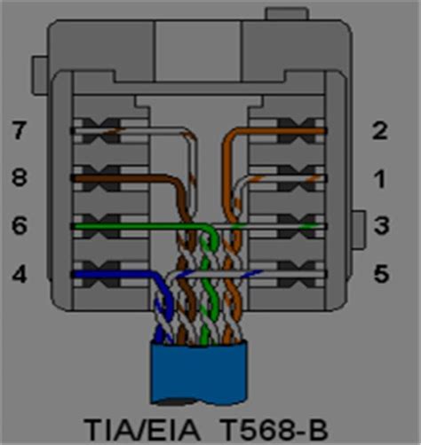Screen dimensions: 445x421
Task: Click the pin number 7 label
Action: [18, 132]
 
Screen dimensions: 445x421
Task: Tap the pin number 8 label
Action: [18, 179]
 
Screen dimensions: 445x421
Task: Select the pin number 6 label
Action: [18, 227]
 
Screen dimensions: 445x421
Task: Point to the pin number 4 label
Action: [18, 275]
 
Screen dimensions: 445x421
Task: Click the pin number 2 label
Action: [380, 132]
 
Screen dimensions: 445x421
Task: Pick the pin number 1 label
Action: [380, 179]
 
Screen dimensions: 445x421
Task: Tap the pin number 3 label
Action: [380, 227]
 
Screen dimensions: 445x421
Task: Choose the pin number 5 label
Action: [380, 275]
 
